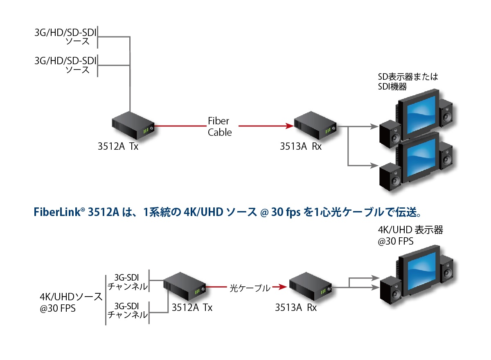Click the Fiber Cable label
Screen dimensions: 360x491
(219, 126)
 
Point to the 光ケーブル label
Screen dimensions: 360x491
(249, 288)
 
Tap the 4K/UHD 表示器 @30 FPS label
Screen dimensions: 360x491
(410, 236)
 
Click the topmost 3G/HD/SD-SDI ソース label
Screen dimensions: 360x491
(65, 37)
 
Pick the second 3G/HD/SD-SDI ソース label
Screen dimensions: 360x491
(65, 65)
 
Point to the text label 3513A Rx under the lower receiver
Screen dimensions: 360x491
(296, 308)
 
